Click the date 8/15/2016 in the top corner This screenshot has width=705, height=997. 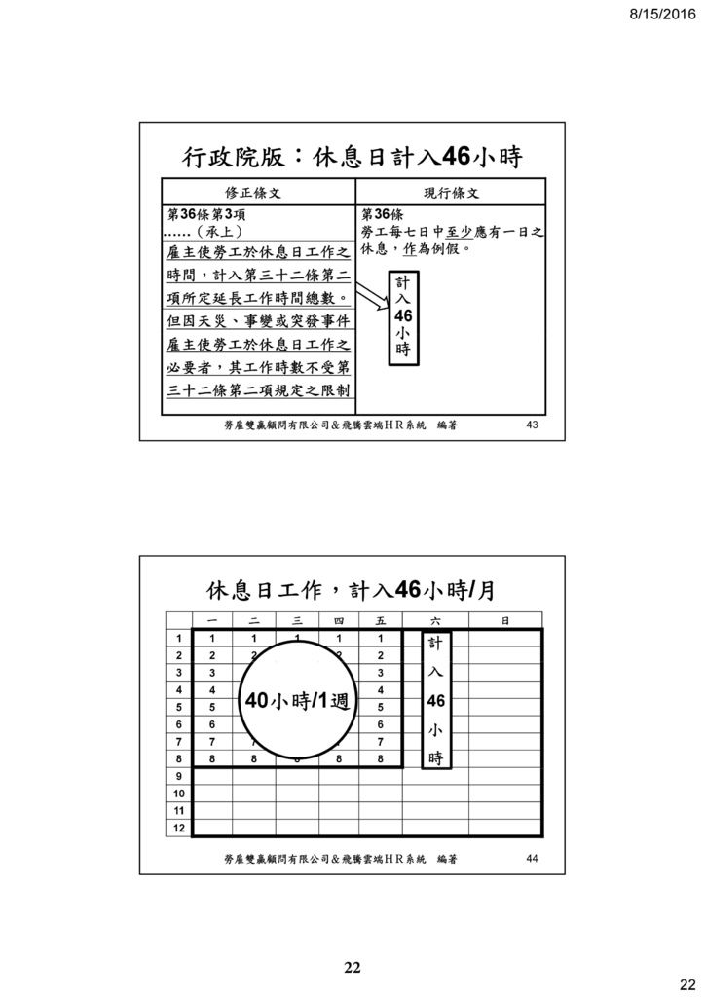coord(663,14)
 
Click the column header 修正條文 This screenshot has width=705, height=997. coord(253,193)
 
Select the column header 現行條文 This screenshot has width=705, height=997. coord(452,193)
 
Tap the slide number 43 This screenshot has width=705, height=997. coord(532,425)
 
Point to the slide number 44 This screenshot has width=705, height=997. coord(532,858)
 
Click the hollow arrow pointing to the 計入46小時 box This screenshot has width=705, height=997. coord(372,298)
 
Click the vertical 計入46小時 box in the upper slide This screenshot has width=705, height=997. coord(404,317)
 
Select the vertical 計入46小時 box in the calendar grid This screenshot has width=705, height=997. coord(436,699)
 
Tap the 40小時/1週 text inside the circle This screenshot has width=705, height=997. coord(297,701)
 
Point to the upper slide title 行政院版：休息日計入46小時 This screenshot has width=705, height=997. coord(352,157)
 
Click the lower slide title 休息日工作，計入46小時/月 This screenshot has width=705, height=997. coord(351,590)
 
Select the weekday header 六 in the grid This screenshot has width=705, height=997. coord(435,620)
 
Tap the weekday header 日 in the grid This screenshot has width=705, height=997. coord(505,620)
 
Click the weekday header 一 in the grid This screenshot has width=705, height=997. coord(212,620)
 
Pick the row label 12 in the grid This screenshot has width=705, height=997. coord(178,828)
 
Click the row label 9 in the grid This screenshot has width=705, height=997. coord(178,776)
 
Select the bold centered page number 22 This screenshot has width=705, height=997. coord(352,967)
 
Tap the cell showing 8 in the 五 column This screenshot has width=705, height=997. coord(380,758)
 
